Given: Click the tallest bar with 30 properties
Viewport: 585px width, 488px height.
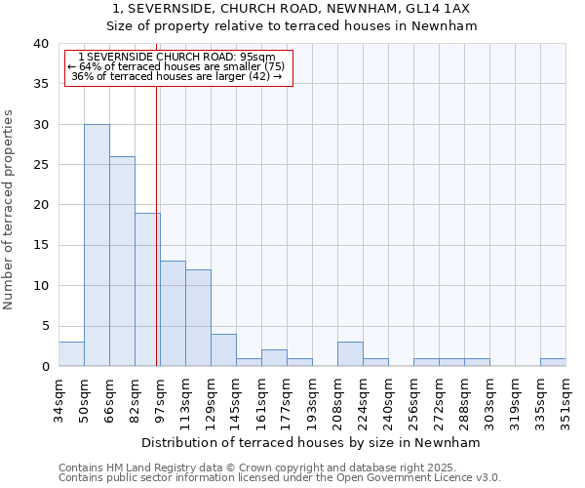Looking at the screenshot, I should point(97,245).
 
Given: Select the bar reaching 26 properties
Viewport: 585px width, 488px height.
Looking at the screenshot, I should point(122,262).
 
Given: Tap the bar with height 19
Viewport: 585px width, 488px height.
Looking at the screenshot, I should point(147,290).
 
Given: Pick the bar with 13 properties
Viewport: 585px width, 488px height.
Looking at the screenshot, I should point(173,313).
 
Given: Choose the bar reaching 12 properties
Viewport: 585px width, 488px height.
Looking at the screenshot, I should point(198,317).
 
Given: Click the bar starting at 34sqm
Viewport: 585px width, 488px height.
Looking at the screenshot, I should point(71,354).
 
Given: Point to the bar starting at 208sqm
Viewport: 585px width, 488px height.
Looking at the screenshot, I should point(350,354).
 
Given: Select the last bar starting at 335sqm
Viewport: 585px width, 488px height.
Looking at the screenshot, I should point(553,362).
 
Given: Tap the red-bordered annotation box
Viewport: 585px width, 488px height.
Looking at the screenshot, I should point(178,67).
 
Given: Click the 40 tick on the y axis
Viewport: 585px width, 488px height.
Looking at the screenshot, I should point(40,44).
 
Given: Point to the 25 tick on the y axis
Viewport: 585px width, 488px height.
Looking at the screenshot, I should point(40,165).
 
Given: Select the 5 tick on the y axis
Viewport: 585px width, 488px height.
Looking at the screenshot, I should point(45,326).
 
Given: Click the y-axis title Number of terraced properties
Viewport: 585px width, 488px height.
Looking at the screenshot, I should point(10,209).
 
